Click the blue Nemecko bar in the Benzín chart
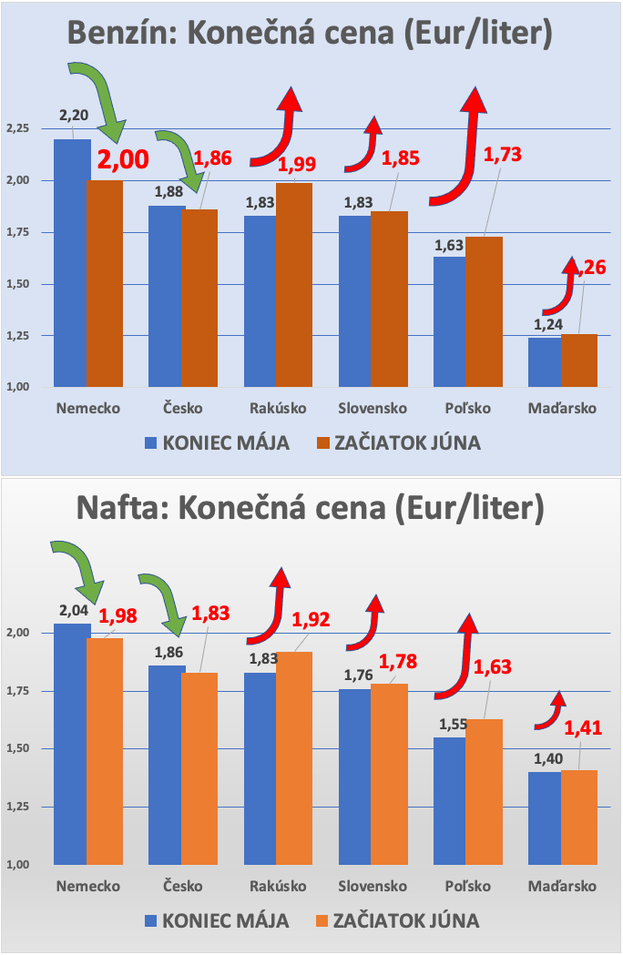pos(72,264)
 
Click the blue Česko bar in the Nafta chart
pos(167,765)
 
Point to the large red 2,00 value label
pos(123,160)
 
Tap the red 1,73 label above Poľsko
pos(502,154)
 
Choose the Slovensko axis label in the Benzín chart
pos(371,408)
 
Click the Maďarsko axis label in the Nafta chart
pos(563,887)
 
